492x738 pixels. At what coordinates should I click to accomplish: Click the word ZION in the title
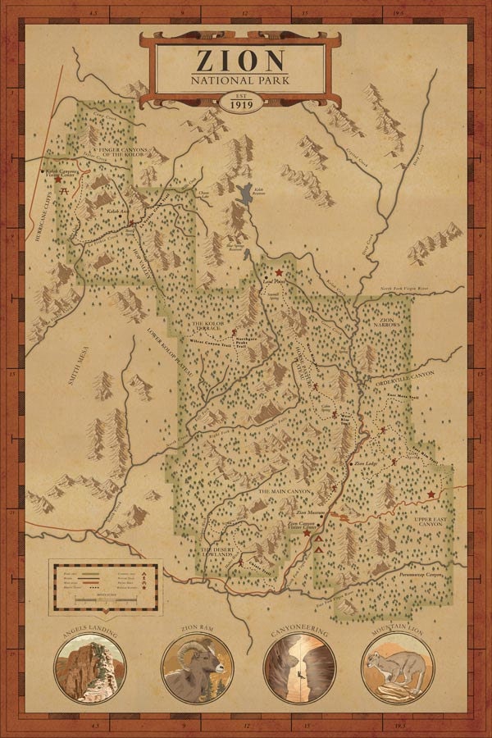(240, 61)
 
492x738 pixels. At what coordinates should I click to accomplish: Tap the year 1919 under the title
(240, 104)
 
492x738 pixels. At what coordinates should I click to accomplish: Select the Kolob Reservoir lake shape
(244, 196)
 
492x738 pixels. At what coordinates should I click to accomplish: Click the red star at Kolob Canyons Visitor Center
(58, 179)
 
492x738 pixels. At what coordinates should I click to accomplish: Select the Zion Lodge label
(365, 464)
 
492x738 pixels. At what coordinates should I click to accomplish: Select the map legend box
(105, 585)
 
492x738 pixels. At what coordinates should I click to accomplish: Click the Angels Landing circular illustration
(89, 669)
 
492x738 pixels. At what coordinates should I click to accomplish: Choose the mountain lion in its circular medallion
(397, 667)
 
